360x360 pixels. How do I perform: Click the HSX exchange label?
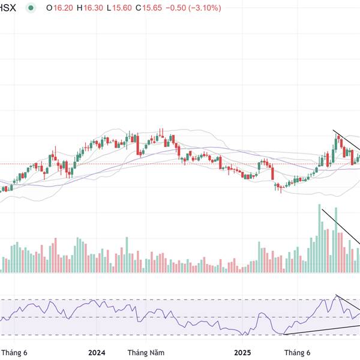point(8,8)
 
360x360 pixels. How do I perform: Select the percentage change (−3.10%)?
point(204,8)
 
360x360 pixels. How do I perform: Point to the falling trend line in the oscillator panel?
point(348,304)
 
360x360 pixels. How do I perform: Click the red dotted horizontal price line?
point(180,163)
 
